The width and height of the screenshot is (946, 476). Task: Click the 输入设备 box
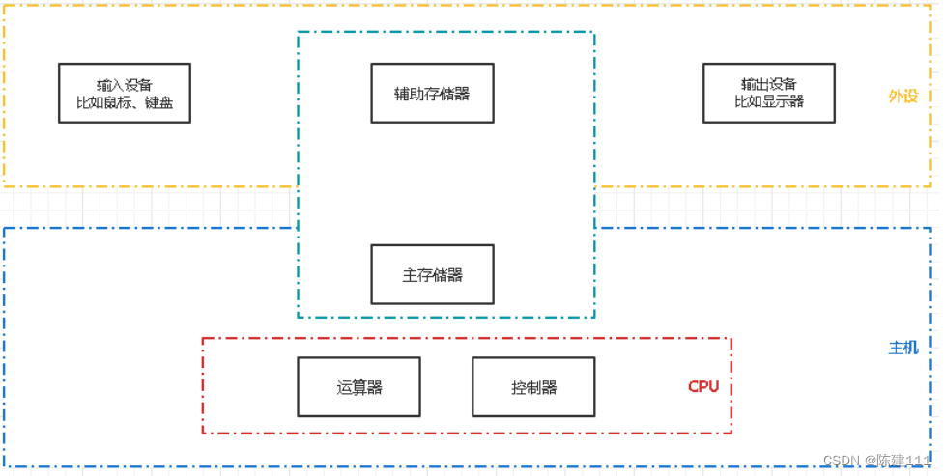pyautogui.click(x=125, y=93)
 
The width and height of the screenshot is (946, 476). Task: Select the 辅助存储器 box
pyautogui.click(x=432, y=93)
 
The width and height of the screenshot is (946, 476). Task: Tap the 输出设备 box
pyautogui.click(x=769, y=93)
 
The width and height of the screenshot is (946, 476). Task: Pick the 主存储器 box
pyautogui.click(x=432, y=274)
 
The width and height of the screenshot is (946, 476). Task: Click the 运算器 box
pyautogui.click(x=358, y=387)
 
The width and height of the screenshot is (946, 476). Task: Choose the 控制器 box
pyautogui.click(x=533, y=387)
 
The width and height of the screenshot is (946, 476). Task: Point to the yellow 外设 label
pyautogui.click(x=903, y=97)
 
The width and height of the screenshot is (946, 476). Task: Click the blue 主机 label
pyautogui.click(x=903, y=348)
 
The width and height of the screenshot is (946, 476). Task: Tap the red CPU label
pyautogui.click(x=703, y=387)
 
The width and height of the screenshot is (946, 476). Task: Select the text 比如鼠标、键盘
pyautogui.click(x=125, y=102)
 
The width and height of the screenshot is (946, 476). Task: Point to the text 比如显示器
pyautogui.click(x=769, y=101)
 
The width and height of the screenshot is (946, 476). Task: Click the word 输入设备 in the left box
pyautogui.click(x=125, y=84)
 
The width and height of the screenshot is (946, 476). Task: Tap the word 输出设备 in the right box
pyautogui.click(x=769, y=84)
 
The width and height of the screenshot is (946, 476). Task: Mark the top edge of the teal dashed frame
pyautogui.click(x=444, y=32)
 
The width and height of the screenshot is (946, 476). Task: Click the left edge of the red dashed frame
pyautogui.click(x=203, y=386)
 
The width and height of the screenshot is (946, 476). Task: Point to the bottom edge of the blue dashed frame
pyautogui.click(x=464, y=467)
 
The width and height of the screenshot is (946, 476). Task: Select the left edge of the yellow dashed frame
pyautogui.click(x=4, y=97)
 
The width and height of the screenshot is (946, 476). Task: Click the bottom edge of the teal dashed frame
pyautogui.click(x=444, y=317)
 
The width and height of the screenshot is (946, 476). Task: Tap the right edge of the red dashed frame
pyautogui.click(x=731, y=386)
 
